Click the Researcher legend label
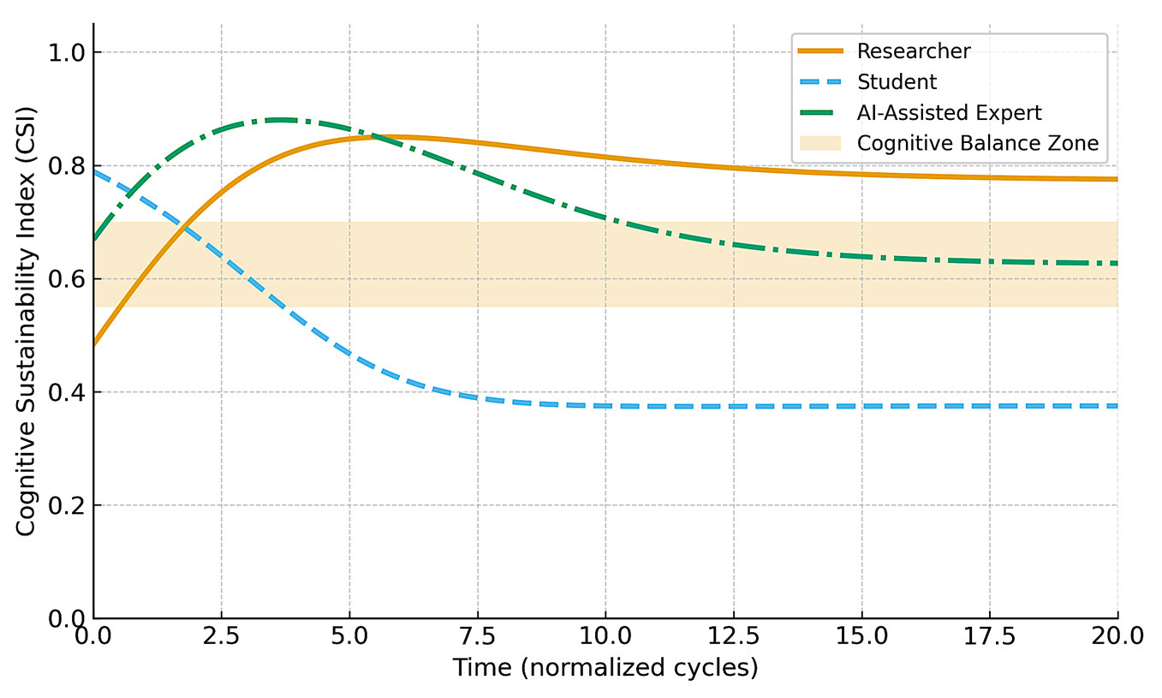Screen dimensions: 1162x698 [x=914, y=51]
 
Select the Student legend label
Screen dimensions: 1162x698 [x=897, y=81]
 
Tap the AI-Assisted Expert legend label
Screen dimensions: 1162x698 [x=950, y=112]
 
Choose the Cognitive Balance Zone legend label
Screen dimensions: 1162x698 [x=978, y=143]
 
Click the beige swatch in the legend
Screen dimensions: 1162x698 [x=820, y=143]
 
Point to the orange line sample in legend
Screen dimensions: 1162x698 [x=820, y=51]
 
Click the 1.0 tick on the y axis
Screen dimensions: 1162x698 [x=67, y=52]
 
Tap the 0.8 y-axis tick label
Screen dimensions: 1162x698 [x=67, y=165]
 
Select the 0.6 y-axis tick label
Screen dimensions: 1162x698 [x=67, y=279]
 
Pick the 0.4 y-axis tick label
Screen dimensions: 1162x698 [x=67, y=392]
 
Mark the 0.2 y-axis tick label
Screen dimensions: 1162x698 [x=67, y=505]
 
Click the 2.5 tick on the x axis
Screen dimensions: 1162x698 [x=222, y=635]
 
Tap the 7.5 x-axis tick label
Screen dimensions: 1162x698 [x=478, y=635]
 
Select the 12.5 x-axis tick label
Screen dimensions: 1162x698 [x=734, y=635]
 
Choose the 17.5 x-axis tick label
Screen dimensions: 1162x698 [x=990, y=635]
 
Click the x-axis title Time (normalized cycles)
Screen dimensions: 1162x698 [x=605, y=668]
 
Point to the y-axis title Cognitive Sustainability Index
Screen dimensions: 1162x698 [x=25, y=321]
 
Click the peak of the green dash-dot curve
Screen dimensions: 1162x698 [x=280, y=120]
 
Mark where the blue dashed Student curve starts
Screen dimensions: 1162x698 [x=94, y=170]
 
